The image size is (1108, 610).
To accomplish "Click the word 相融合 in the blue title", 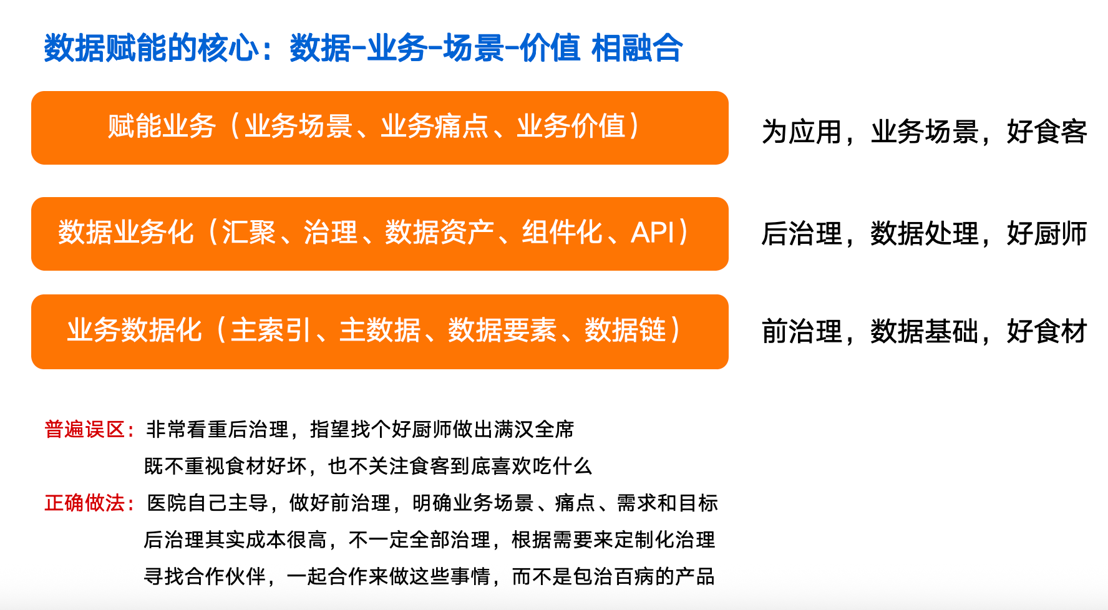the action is click(637, 48).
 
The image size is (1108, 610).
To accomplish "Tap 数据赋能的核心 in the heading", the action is click(151, 48).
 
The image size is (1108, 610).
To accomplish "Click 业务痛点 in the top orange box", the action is click(435, 126).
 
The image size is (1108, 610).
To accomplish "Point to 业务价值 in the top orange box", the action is click(571, 126).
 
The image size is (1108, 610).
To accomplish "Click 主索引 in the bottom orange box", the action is click(271, 331).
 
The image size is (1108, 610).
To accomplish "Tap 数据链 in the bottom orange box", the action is click(625, 331).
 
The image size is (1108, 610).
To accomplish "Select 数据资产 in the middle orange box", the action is click(440, 233).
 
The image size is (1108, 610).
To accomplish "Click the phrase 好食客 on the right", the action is click(1047, 132).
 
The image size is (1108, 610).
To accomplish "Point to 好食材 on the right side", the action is click(1047, 331).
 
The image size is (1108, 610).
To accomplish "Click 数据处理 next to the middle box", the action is click(925, 234).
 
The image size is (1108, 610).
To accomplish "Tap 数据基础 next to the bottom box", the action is click(925, 331).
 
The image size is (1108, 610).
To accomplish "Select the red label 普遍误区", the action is click(85, 429).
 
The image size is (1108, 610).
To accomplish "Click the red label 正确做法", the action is click(85, 503).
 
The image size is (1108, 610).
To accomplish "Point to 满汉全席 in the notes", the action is click(533, 429).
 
